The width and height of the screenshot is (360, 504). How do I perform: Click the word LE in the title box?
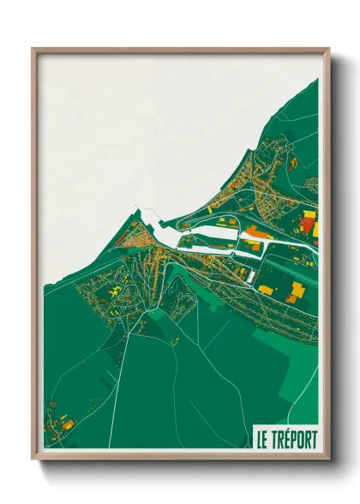tap(262, 439)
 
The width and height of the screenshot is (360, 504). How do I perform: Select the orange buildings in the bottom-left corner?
tap(66, 424)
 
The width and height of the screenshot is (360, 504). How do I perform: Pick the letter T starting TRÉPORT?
tap(273, 439)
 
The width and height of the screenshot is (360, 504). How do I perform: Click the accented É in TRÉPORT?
tap(287, 439)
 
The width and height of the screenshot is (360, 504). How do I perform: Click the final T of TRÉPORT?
tap(314, 439)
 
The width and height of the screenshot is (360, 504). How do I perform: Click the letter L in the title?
tap(259, 439)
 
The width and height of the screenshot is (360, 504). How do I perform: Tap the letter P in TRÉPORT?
tap(294, 439)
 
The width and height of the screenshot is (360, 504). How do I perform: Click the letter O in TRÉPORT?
tap(301, 439)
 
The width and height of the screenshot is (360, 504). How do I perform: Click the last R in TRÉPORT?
tap(308, 439)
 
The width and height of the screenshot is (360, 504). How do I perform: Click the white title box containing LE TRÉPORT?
tap(285, 438)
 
